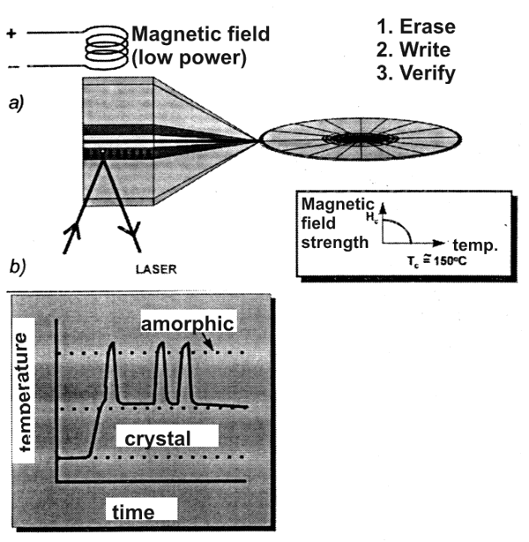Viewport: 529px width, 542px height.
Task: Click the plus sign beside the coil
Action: pyautogui.click(x=10, y=34)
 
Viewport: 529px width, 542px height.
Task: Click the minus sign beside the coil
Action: pyautogui.click(x=10, y=66)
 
